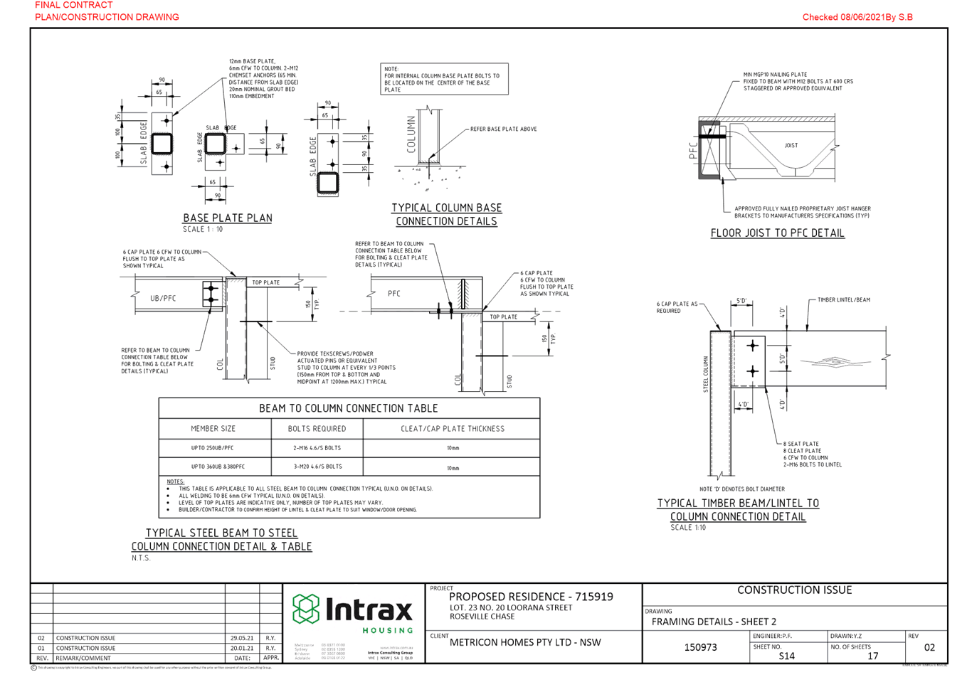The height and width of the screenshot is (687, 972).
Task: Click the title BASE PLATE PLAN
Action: pos(228,218)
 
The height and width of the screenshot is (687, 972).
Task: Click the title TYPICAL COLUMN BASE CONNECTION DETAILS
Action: pos(447,214)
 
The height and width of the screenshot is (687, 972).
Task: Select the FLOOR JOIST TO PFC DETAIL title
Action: pos(777,233)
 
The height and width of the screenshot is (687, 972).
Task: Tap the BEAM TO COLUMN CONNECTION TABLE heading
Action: pos(349,408)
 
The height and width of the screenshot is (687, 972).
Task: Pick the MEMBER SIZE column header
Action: pos(213,429)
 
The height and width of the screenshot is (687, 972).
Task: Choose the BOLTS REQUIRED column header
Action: pos(317,429)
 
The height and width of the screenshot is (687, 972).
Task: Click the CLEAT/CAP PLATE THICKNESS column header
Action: pos(452,429)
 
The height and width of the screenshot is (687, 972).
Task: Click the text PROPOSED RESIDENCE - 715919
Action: pos(531,597)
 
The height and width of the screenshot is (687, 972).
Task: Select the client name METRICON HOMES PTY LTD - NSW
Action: pos(525,642)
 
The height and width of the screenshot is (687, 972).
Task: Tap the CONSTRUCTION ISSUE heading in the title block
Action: pos(794,590)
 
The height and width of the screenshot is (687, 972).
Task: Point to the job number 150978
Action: pos(700,647)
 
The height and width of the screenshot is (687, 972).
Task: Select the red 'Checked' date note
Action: pos(857,17)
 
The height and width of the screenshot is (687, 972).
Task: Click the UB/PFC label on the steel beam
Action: pos(163,298)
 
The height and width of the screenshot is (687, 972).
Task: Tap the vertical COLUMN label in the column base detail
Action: pos(411,135)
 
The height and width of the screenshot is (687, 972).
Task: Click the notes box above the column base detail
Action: pos(445,80)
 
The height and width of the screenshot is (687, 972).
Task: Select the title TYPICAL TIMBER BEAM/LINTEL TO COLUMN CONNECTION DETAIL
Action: pos(738,510)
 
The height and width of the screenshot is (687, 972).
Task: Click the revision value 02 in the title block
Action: pos(929,647)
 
